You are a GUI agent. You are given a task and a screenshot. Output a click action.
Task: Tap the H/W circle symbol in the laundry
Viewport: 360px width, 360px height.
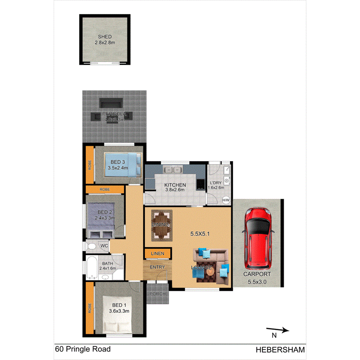[x=226, y=200]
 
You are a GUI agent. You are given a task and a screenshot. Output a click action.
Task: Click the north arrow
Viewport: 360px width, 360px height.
[x=278, y=330]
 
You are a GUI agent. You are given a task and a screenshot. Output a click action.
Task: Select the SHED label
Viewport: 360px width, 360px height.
[x=105, y=37]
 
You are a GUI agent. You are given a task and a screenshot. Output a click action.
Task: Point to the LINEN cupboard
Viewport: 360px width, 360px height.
[x=158, y=254]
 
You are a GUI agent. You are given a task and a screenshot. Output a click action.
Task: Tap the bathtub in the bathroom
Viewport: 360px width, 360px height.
[x=92, y=267]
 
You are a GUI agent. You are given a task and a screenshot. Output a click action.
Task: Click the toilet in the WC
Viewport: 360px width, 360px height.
[x=92, y=246]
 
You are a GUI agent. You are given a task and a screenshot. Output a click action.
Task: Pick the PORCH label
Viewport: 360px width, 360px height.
[x=158, y=294]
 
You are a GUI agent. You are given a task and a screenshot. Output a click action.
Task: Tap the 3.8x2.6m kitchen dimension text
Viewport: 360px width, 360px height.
[x=175, y=190]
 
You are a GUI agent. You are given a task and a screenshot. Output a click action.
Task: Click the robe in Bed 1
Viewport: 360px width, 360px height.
[x=90, y=309]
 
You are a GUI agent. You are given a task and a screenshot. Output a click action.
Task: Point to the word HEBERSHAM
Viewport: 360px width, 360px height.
[x=280, y=350]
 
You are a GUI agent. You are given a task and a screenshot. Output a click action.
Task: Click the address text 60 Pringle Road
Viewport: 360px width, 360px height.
[x=83, y=350]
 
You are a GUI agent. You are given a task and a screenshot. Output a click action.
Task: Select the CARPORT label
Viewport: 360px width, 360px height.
[x=256, y=275]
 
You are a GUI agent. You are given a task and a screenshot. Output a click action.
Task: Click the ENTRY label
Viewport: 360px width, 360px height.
[x=157, y=267]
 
